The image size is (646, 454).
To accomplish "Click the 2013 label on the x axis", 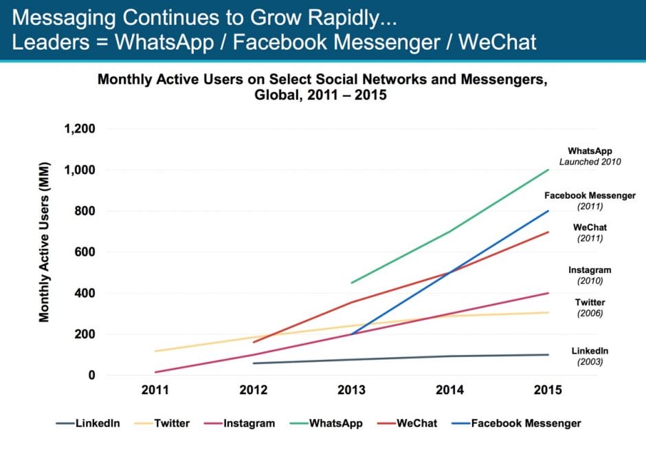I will [x=353, y=390].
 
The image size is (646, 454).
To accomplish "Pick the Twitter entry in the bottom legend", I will [x=172, y=423].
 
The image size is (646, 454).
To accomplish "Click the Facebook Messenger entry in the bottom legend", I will [x=525, y=423].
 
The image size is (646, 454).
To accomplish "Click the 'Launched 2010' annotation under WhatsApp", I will [x=590, y=162].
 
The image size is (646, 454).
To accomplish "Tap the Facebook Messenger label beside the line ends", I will [x=590, y=196].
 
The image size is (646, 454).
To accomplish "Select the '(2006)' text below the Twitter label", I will [x=590, y=313].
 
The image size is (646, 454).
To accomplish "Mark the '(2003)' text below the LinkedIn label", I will [x=590, y=361].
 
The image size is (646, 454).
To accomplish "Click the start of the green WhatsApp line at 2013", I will [x=353, y=283].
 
